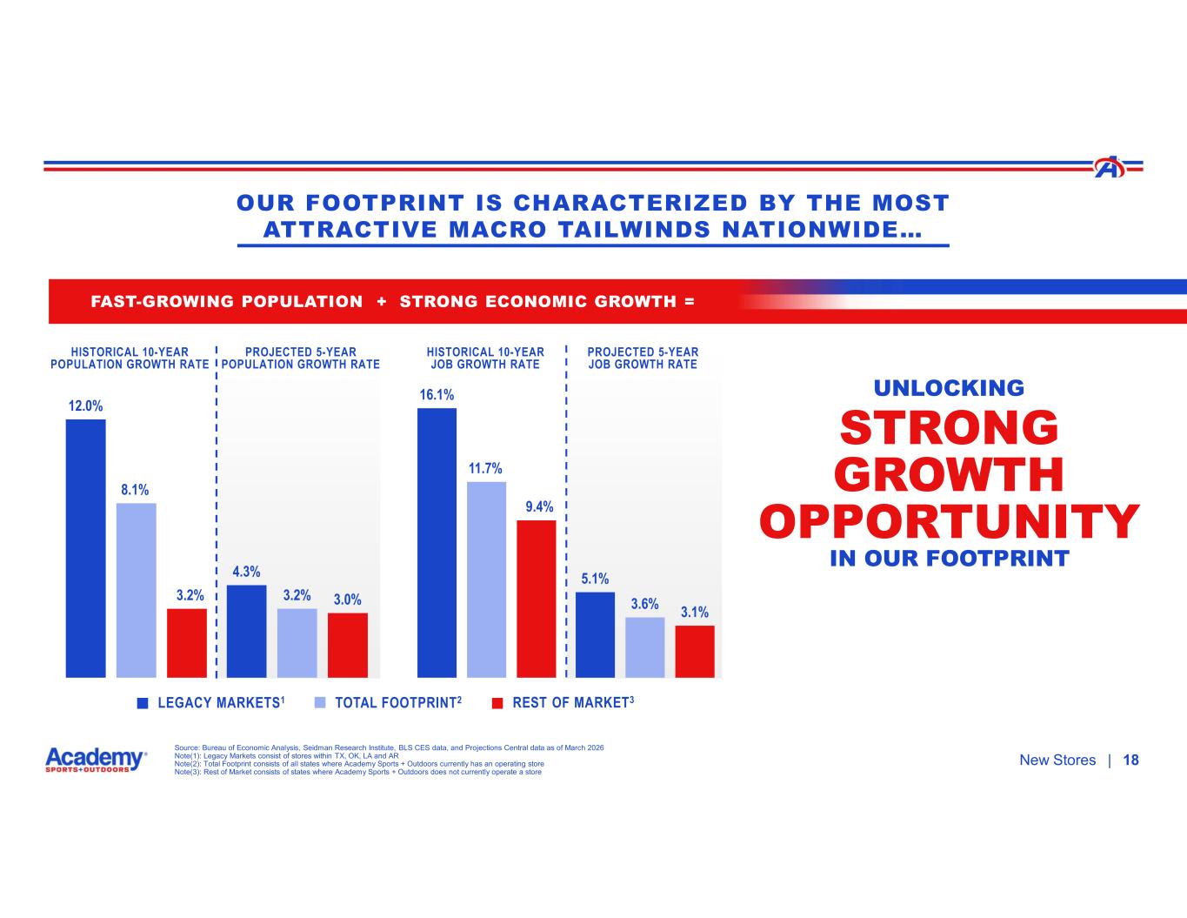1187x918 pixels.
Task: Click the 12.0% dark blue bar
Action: [85, 547]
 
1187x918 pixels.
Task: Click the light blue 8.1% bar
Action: [136, 589]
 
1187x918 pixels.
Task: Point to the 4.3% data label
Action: [246, 572]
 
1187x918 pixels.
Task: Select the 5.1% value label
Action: [595, 579]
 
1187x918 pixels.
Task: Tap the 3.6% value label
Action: [644, 604]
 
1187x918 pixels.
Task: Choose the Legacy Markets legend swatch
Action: [143, 703]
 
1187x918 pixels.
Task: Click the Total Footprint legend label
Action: [397, 703]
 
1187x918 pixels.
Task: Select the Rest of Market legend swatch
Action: [497, 703]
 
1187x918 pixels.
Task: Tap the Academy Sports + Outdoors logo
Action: [96, 760]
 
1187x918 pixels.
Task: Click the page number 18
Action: [1130, 761]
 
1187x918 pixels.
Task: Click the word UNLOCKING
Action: [950, 388]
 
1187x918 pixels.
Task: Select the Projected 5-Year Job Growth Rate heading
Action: [643, 358]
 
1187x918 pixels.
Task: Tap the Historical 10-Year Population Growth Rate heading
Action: [130, 358]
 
